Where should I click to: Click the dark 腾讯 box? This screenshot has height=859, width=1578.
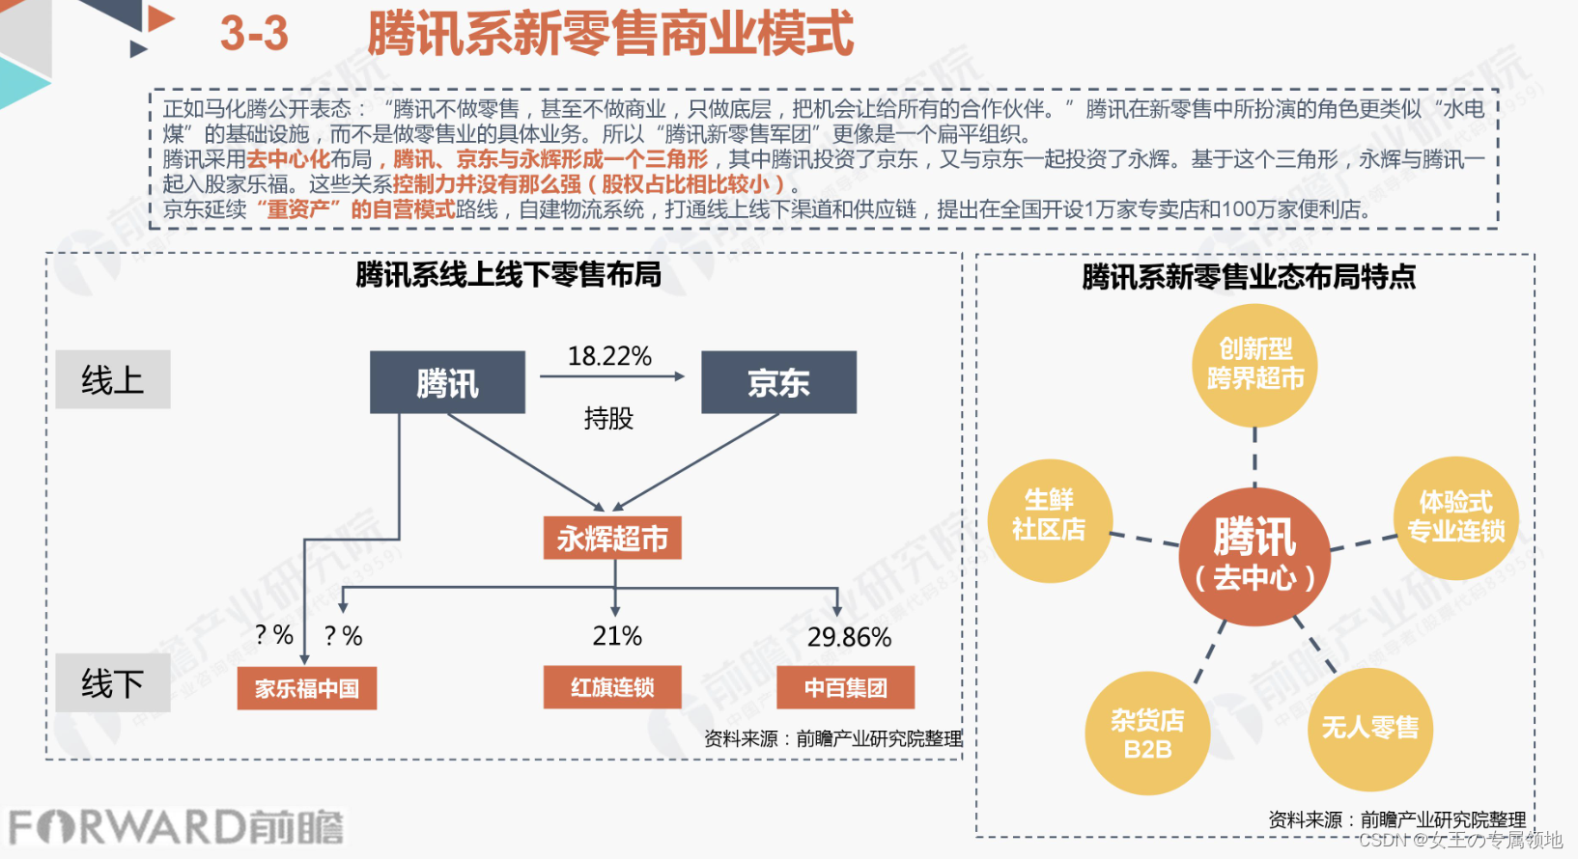click(x=447, y=383)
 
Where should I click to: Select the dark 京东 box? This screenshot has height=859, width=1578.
click(x=778, y=383)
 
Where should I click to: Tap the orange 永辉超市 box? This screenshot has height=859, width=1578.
click(x=612, y=539)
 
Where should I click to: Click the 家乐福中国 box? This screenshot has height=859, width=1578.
click(x=307, y=688)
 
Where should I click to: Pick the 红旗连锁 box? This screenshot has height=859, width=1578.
click(x=612, y=687)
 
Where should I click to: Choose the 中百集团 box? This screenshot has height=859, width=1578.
click(x=845, y=687)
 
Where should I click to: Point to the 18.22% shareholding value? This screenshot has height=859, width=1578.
click(x=609, y=356)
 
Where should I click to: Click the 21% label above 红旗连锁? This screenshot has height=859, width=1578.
click(x=617, y=636)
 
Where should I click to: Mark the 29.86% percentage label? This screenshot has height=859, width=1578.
click(x=849, y=637)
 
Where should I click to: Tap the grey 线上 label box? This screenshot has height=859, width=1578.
click(x=113, y=379)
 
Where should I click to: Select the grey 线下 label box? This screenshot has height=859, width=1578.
click(x=113, y=683)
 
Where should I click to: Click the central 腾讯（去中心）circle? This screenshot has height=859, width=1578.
click(x=1254, y=557)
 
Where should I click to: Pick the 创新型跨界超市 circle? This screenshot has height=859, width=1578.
click(x=1254, y=365)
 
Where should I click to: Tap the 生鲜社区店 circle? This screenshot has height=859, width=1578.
click(x=1049, y=520)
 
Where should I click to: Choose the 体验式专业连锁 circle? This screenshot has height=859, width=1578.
click(x=1455, y=518)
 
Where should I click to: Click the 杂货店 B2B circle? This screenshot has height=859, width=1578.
click(x=1147, y=734)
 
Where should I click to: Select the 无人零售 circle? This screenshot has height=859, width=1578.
click(x=1369, y=729)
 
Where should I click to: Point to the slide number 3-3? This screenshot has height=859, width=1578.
click(x=254, y=34)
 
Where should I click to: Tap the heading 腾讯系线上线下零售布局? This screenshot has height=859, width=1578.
click(x=508, y=275)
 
